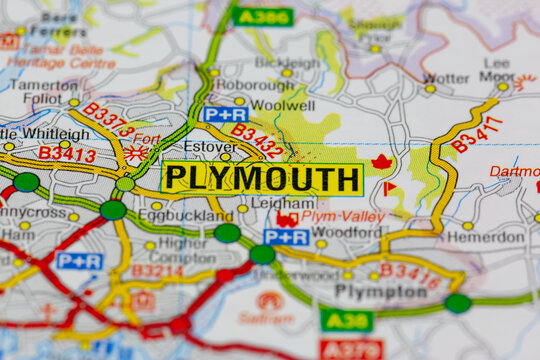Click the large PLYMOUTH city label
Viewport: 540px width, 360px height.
(262, 178)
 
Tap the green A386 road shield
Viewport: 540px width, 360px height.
(263, 16)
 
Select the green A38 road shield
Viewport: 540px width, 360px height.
(346, 320)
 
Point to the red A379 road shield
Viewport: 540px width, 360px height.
(351, 349)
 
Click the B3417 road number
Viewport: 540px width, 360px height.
(476, 134)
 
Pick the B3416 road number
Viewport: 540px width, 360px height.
(409, 275)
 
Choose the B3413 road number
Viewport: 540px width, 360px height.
(67, 154)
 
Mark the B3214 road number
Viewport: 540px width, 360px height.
(157, 270)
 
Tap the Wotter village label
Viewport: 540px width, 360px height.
(445, 77)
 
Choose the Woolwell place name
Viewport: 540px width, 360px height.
(281, 104)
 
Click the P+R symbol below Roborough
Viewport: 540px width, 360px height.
(225, 114)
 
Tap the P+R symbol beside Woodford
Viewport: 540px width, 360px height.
(286, 237)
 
